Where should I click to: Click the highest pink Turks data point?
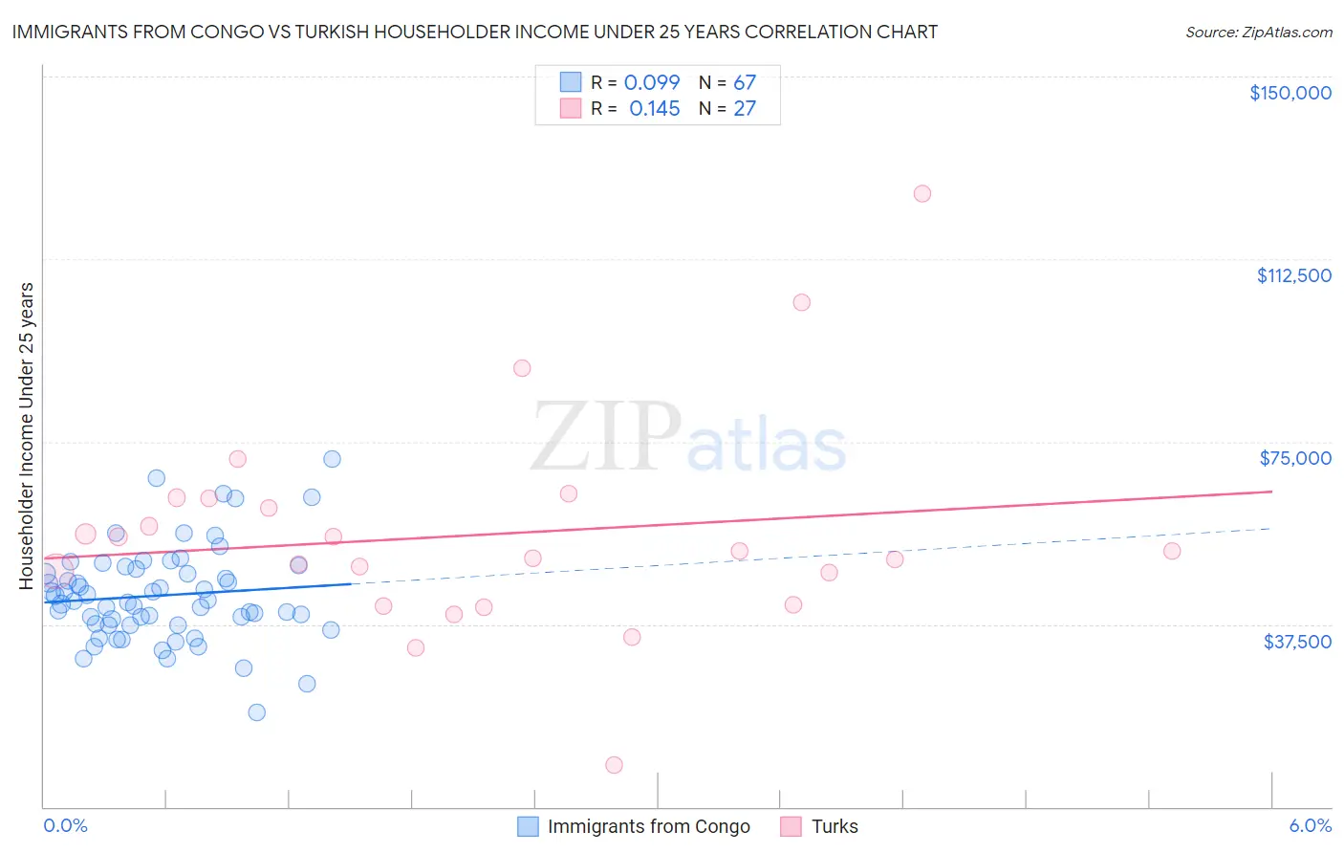(x=922, y=193)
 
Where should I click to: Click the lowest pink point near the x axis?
(x=614, y=765)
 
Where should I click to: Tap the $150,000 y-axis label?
(x=1290, y=93)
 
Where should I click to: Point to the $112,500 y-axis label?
(x=1293, y=275)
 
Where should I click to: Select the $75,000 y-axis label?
(x=1295, y=458)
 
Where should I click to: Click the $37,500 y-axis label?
(x=1297, y=642)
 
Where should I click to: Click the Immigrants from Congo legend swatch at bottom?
(x=528, y=826)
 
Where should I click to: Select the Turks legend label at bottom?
(x=835, y=826)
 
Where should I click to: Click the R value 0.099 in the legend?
(x=652, y=83)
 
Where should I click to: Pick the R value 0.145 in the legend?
(x=655, y=109)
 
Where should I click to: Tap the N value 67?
(x=745, y=83)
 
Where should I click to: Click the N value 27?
(x=745, y=109)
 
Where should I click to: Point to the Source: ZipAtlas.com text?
(x=1258, y=32)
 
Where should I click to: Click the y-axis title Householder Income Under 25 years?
(x=27, y=435)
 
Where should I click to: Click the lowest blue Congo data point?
(x=256, y=712)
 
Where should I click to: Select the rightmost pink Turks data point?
(x=1172, y=551)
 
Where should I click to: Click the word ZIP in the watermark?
(x=606, y=437)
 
